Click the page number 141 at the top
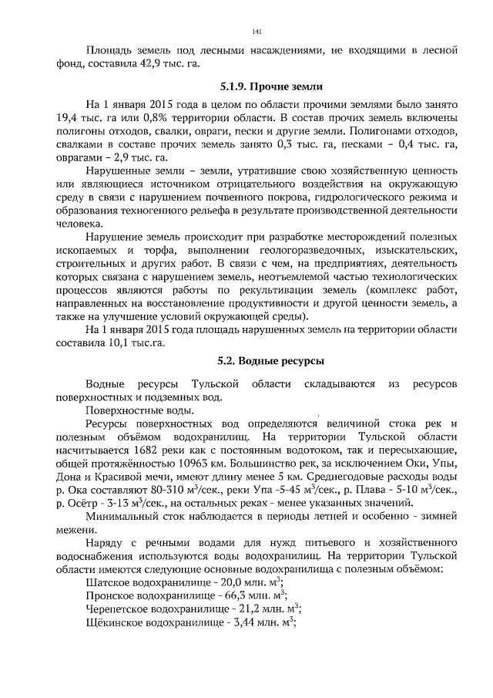click(257, 32)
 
